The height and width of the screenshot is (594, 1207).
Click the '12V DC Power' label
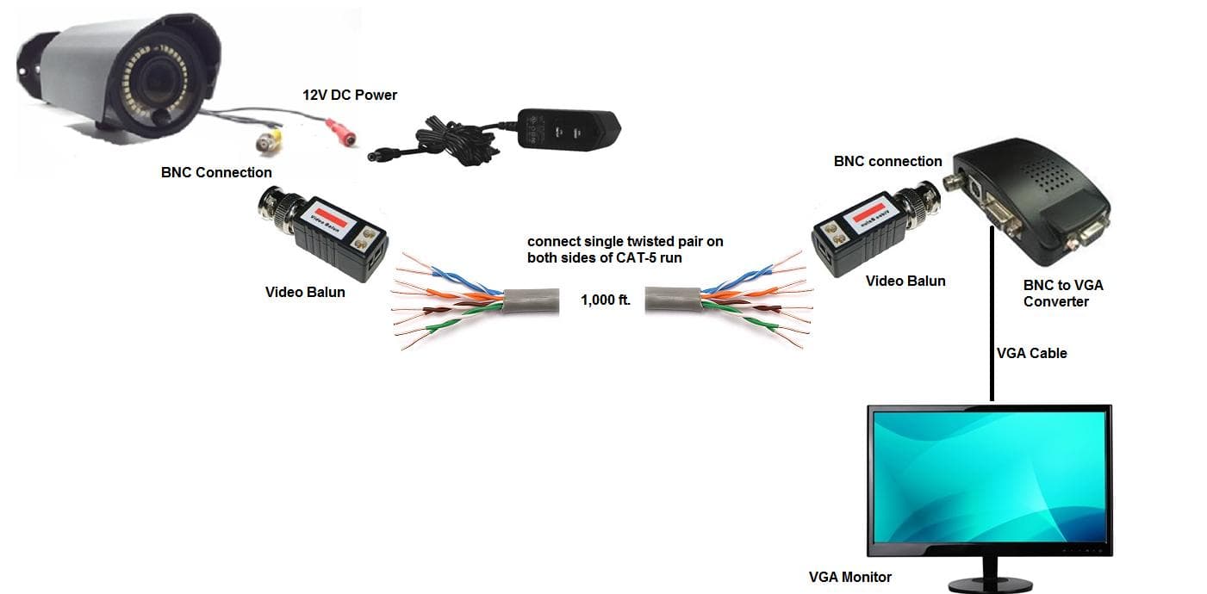pos(349,95)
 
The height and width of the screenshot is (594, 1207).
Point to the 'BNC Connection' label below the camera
pos(216,172)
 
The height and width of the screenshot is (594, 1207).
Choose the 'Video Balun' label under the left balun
pos(305,292)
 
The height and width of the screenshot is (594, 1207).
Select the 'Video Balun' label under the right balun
pos(905,281)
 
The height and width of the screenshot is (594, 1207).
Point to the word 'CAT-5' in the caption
pos(632,257)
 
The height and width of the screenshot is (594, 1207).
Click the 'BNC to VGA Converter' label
pos(1062,293)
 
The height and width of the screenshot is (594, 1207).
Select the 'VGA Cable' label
pos(1031,353)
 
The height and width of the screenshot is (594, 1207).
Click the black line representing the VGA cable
pos(992,327)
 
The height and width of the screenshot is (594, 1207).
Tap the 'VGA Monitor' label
pos(849,577)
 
